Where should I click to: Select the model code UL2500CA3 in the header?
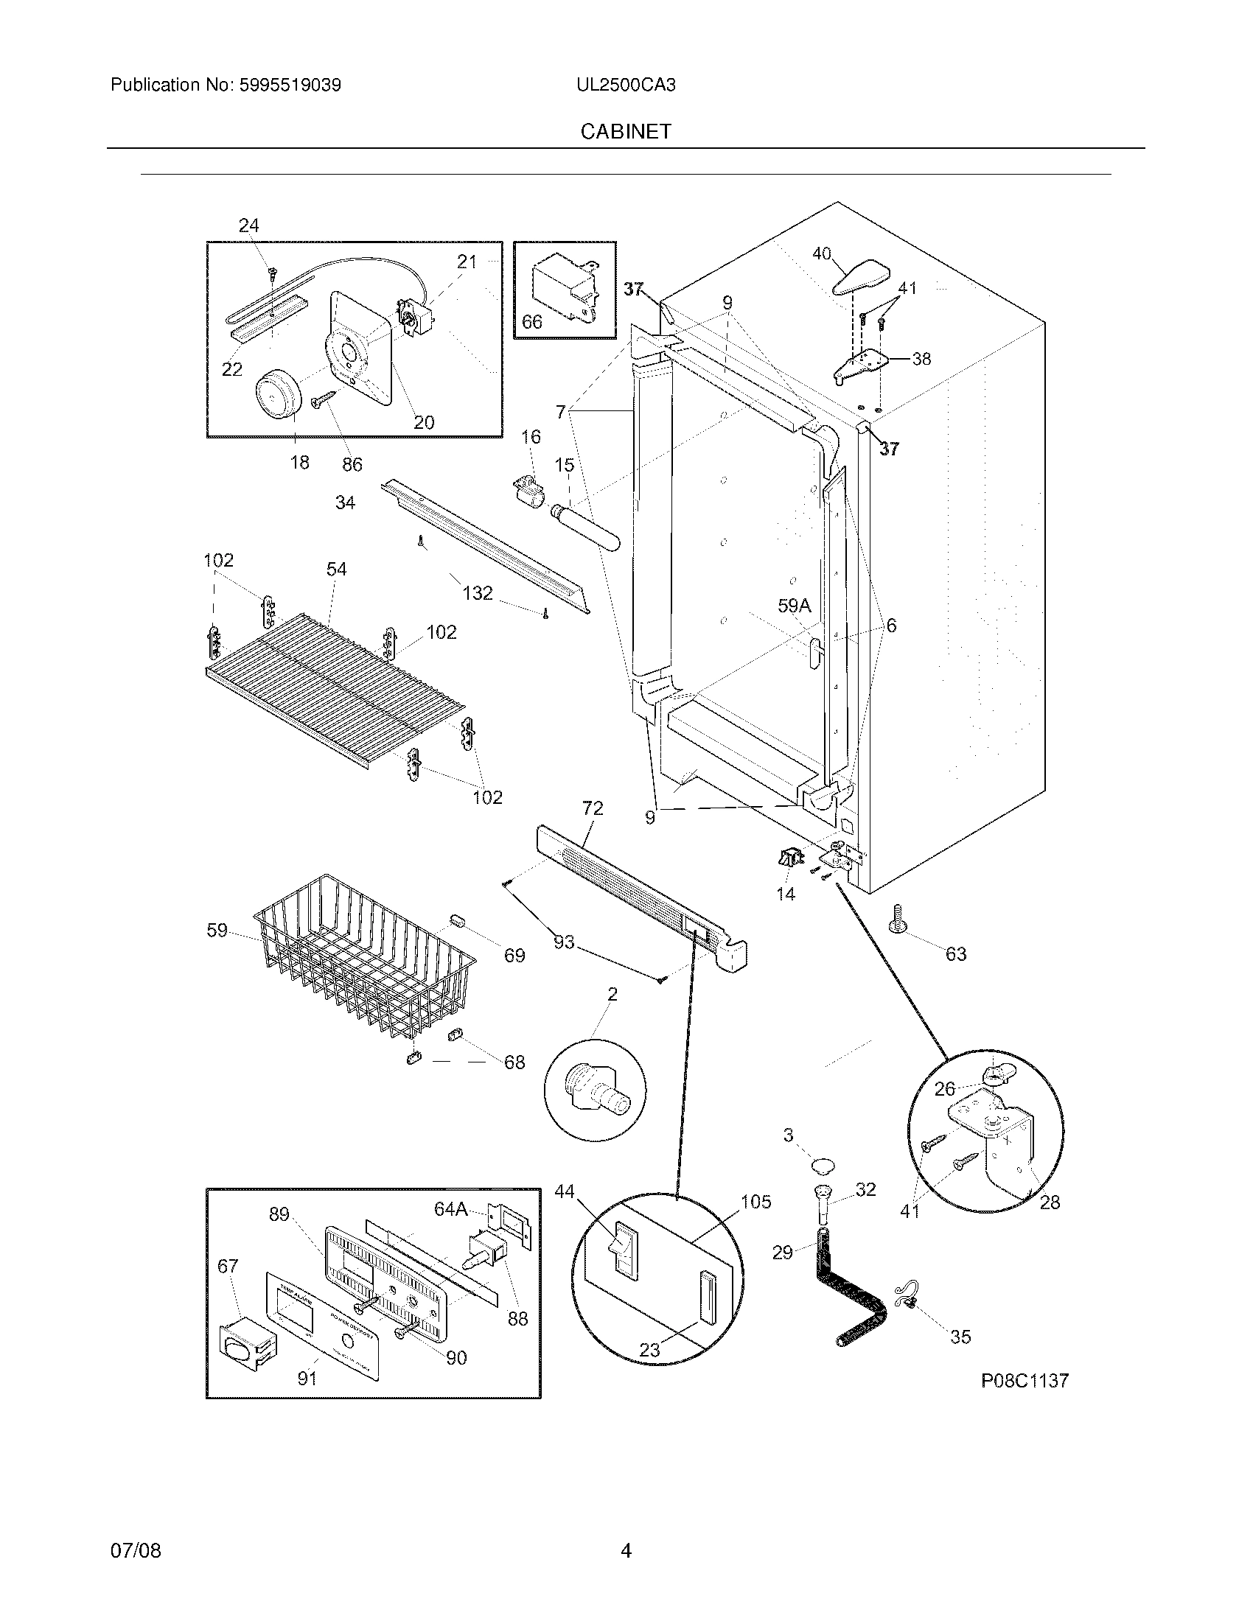[626, 85]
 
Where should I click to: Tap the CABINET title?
[626, 131]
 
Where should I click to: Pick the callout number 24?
[248, 225]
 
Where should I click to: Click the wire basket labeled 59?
[363, 957]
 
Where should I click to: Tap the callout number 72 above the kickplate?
[593, 808]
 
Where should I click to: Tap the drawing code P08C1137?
[1025, 1381]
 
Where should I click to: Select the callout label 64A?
[450, 1210]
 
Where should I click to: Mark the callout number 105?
[755, 1202]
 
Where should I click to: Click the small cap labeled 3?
[820, 1166]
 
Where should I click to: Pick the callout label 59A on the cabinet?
[794, 606]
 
